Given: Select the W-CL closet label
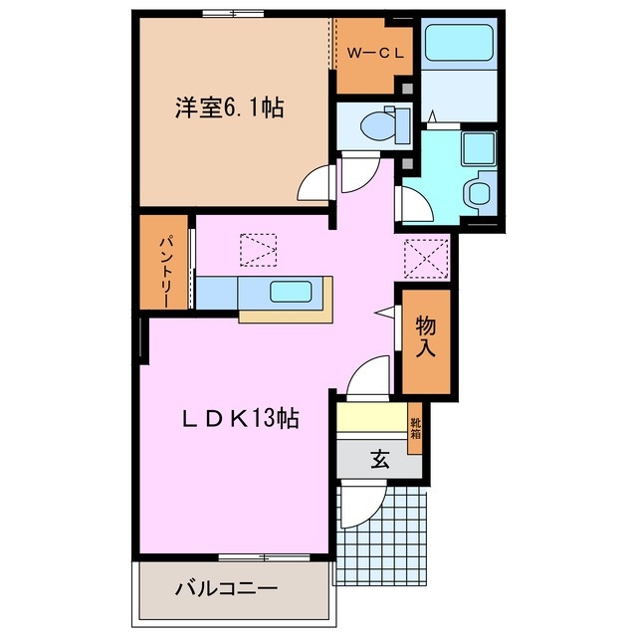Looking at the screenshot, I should (x=374, y=55).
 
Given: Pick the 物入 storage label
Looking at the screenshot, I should (x=426, y=337).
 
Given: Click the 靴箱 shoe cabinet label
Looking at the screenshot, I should (x=415, y=429).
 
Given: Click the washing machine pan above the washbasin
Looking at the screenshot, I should (x=479, y=149).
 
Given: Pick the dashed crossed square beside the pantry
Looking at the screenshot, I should (x=259, y=250).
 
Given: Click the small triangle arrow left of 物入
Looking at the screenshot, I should (x=381, y=312).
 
